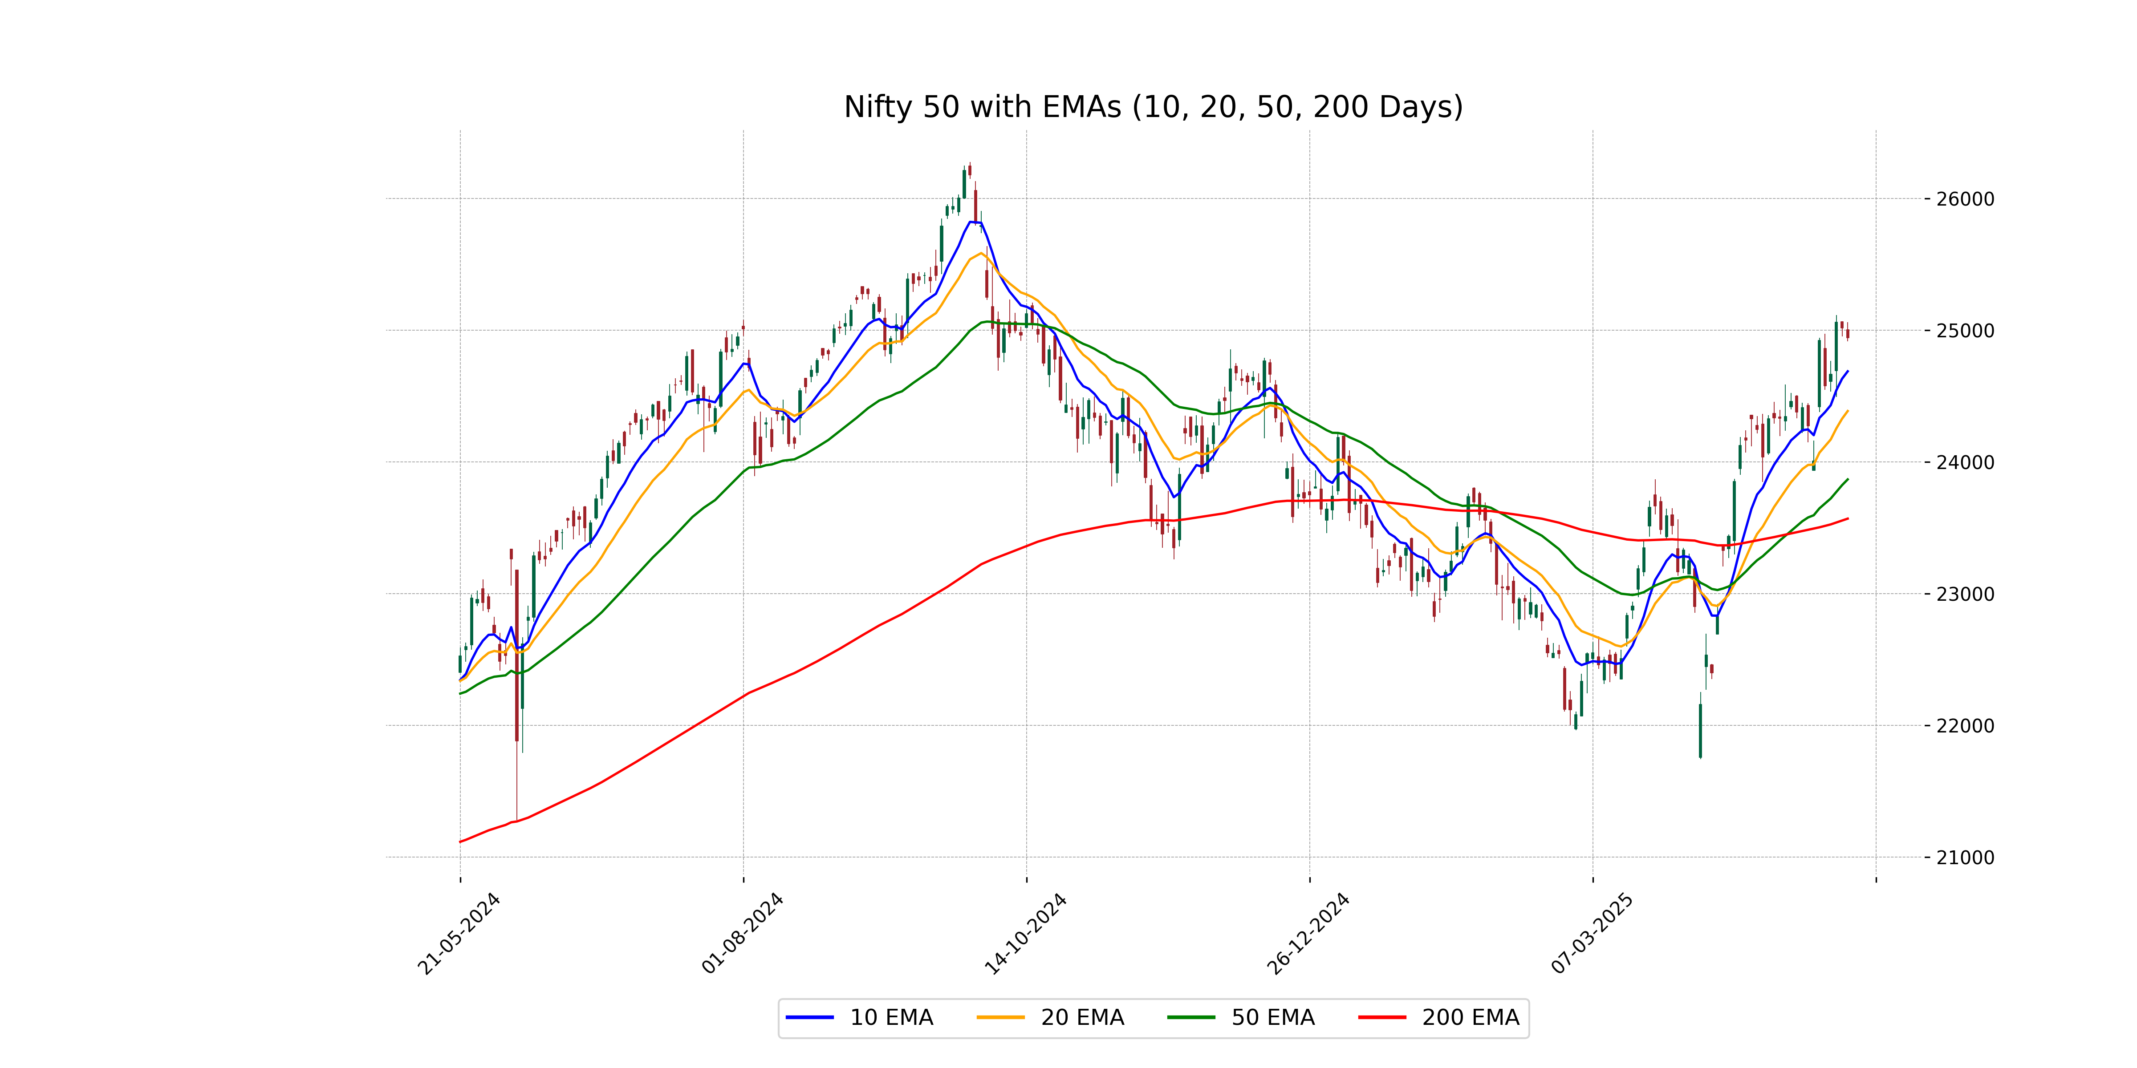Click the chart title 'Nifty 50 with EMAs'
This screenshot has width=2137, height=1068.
(x=1153, y=107)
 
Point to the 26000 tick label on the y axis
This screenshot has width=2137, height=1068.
(x=1964, y=199)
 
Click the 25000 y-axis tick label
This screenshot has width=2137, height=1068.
(x=1964, y=331)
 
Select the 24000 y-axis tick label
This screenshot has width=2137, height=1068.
(x=1964, y=463)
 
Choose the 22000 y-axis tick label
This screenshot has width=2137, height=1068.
(x=1964, y=725)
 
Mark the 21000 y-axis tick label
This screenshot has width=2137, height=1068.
(x=1964, y=858)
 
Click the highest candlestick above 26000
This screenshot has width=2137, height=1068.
(x=969, y=170)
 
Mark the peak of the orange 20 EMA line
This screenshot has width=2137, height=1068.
(x=981, y=254)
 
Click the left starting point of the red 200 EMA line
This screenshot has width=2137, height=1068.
(x=460, y=841)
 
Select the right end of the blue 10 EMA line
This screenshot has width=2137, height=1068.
(x=1848, y=372)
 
